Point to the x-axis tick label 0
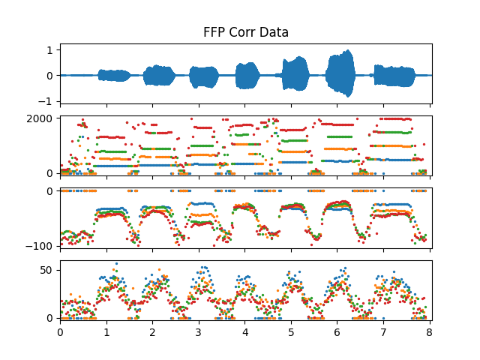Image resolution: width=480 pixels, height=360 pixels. pyautogui.click(x=60, y=331)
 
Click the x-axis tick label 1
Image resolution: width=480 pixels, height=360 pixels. pyautogui.click(x=106, y=331)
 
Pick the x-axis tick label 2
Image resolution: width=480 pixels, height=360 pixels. pyautogui.click(x=152, y=331)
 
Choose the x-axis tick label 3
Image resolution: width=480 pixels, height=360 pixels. pyautogui.click(x=199, y=331)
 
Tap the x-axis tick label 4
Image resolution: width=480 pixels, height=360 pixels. pyautogui.click(x=245, y=331)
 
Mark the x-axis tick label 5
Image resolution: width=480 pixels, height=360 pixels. pyautogui.click(x=291, y=331)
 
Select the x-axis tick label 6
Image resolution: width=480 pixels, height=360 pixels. pyautogui.click(x=337, y=331)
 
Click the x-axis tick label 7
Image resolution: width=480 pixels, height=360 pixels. pyautogui.click(x=383, y=331)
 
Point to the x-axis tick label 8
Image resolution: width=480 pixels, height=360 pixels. pyautogui.click(x=430, y=331)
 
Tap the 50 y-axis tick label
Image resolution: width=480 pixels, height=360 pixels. pyautogui.click(x=46, y=269)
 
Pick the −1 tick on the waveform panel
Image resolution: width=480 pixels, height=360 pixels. pyautogui.click(x=47, y=101)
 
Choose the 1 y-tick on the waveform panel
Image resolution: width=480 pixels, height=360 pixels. pyautogui.click(x=50, y=49)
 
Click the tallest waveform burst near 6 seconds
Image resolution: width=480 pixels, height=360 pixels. pyautogui.click(x=340, y=73)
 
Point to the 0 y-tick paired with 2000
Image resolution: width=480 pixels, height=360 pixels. pyautogui.click(x=50, y=173)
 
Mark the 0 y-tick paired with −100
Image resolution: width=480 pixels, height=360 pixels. pyautogui.click(x=50, y=191)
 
